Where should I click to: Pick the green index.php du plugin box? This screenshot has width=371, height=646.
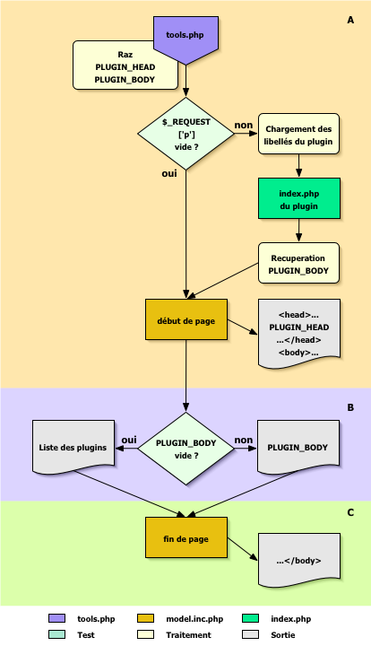[299, 197]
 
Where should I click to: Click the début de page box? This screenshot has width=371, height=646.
[185, 322]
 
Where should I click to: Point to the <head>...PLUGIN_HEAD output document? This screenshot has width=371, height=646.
[299, 330]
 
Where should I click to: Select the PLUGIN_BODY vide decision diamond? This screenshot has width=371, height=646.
[185, 446]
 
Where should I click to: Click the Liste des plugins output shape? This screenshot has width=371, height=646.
[73, 446]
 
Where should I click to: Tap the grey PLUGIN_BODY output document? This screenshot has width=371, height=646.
[299, 446]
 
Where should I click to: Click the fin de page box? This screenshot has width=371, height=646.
[185, 537]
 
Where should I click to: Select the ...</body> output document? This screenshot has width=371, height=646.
[299, 559]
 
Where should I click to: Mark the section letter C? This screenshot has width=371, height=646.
[350, 512]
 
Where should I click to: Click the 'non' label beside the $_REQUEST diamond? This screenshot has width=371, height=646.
[243, 125]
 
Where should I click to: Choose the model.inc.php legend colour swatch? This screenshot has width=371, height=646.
[146, 619]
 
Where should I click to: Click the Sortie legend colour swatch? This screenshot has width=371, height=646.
[250, 634]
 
